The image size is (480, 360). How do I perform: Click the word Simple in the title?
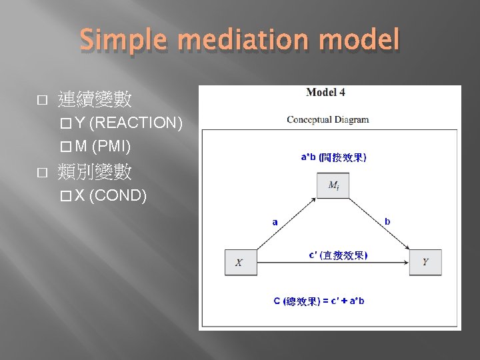pos(124,41)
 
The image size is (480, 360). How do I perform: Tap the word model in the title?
pos(361,41)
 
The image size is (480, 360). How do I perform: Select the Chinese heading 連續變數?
pos(95,101)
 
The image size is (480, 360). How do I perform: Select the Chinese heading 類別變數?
pos(95,173)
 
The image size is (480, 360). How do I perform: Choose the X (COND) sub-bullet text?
pos(111,196)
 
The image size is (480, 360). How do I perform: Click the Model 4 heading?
pos(325,93)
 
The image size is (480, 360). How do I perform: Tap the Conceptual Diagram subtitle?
pos(328,120)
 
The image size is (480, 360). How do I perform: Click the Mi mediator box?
pos(333,186)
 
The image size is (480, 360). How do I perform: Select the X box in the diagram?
pos(239,262)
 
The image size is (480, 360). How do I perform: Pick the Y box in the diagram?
pos(425,262)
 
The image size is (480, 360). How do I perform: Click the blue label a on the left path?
pos(275,222)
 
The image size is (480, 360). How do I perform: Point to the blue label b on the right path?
pos(388,222)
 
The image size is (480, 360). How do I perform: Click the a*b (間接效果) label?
pos(333,157)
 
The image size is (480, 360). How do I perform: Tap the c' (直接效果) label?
pos(338,255)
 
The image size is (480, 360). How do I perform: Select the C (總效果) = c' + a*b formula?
pos(319,301)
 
